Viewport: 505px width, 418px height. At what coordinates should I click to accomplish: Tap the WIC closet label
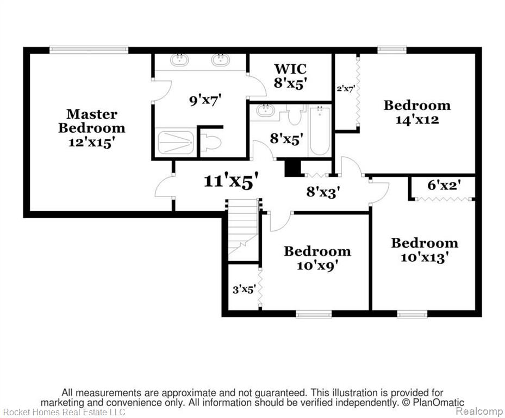pyautogui.click(x=290, y=69)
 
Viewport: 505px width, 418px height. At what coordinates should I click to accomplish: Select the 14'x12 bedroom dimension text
pyautogui.click(x=417, y=120)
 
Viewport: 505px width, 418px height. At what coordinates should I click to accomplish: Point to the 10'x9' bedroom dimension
pyautogui.click(x=317, y=266)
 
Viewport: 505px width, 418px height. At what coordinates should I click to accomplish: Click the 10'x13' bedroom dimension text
pyautogui.click(x=425, y=257)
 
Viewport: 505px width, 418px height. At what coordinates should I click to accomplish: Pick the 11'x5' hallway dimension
pyautogui.click(x=232, y=181)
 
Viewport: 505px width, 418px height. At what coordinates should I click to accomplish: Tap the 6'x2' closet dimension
pyautogui.click(x=444, y=185)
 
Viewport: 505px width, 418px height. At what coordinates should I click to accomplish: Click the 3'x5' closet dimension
pyautogui.click(x=244, y=290)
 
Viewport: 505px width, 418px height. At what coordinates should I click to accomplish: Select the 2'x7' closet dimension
pyautogui.click(x=346, y=89)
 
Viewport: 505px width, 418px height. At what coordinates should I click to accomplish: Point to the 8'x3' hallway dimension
pyautogui.click(x=323, y=192)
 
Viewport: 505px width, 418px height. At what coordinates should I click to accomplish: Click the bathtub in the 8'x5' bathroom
pyautogui.click(x=320, y=131)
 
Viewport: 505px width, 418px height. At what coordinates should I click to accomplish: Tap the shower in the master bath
pyautogui.click(x=176, y=142)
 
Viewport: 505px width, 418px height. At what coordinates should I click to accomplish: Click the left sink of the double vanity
pyautogui.click(x=179, y=60)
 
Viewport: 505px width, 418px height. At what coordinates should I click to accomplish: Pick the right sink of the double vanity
pyautogui.click(x=221, y=60)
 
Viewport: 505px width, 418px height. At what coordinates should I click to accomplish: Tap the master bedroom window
pyautogui.click(x=89, y=50)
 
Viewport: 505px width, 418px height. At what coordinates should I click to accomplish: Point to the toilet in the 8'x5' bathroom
pyautogui.click(x=294, y=115)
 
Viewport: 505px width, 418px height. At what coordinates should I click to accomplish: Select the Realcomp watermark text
pyautogui.click(x=479, y=411)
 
